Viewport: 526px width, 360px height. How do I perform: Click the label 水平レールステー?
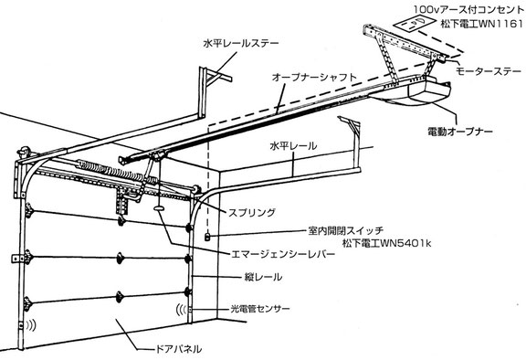pos(241,44)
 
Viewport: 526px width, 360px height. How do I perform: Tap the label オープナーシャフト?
pos(314,77)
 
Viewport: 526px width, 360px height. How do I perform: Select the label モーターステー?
pos(489,71)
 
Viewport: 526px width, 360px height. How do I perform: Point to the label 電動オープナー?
pos(460,132)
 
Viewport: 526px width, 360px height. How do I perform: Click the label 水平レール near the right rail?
pos(293,146)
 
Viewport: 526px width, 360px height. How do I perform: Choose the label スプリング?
pos(252,212)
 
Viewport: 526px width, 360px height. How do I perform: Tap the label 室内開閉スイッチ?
pos(345,231)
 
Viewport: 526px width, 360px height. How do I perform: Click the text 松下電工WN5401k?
pos(387,243)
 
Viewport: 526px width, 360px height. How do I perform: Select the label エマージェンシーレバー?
pos(283,254)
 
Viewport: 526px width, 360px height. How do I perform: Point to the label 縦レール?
pos(263,277)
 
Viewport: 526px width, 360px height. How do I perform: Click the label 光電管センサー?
pos(260,309)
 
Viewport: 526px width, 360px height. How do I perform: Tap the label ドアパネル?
pos(178,349)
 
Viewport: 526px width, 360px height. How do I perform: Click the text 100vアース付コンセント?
pos(468,10)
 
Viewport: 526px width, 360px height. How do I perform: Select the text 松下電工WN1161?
pos(482,24)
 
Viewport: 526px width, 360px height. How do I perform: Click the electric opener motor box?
pos(429,90)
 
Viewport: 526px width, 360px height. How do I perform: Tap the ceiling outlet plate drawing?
pos(414,24)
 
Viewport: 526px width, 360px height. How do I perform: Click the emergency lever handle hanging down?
pos(159,208)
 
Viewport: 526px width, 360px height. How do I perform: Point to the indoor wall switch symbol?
pos(207,237)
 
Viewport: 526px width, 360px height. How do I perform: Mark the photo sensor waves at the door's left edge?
pos(32,324)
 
